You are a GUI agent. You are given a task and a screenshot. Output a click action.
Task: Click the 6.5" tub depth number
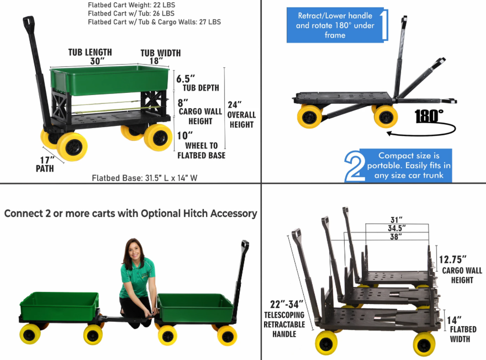pos(186,79)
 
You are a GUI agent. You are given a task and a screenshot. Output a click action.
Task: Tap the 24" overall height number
pos(234,105)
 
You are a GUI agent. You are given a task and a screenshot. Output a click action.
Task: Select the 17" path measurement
pos(48,160)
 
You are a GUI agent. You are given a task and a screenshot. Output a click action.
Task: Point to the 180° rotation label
pos(429,116)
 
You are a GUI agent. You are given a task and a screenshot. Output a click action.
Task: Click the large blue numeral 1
pos(384,25)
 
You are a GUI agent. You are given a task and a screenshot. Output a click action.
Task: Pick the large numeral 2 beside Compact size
pos(354,166)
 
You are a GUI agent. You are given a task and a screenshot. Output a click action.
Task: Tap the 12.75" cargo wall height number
pos(453,259)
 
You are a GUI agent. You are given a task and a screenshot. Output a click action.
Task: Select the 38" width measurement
pos(396,237)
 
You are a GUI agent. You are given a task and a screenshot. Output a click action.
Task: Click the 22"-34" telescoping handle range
pos(287,304)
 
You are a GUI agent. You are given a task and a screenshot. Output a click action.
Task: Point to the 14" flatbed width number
pos(454,320)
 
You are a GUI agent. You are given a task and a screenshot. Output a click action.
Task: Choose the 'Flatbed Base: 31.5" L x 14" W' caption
pos(144,178)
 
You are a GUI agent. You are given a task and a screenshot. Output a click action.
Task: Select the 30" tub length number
pos(97,61)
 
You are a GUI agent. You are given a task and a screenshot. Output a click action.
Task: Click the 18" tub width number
pos(156,61)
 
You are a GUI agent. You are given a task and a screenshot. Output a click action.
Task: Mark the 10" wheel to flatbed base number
pos(185,136)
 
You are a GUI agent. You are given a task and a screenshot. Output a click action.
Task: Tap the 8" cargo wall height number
pos(183,103)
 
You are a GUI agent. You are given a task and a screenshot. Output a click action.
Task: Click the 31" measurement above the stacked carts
pos(397,220)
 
